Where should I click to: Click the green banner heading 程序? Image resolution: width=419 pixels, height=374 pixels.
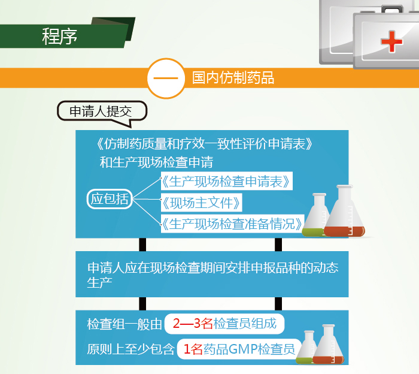click(x=59, y=36)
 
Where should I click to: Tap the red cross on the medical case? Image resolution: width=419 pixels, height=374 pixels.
click(x=391, y=41)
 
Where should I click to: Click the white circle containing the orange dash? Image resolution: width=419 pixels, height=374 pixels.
click(x=166, y=78)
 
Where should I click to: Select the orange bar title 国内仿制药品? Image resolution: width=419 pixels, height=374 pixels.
click(x=233, y=78)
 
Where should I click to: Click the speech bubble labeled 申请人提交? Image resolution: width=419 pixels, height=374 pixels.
click(x=102, y=112)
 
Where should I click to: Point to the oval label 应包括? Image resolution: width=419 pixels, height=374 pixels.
click(x=110, y=199)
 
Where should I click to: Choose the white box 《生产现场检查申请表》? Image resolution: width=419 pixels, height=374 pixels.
click(x=226, y=181)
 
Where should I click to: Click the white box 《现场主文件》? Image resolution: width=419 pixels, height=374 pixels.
click(x=201, y=203)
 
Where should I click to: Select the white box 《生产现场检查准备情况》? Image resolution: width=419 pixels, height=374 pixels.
click(x=232, y=224)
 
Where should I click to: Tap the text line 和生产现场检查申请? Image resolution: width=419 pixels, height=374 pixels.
click(x=156, y=162)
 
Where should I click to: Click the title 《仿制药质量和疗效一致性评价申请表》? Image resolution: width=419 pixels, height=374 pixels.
click(x=205, y=144)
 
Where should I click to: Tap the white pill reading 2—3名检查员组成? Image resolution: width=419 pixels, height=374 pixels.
click(x=224, y=324)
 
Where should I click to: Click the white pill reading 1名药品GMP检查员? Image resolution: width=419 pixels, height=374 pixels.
click(x=239, y=349)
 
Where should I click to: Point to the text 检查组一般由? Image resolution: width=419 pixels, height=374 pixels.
click(x=125, y=324)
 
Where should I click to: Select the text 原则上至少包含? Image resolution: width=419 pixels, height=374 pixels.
click(x=130, y=349)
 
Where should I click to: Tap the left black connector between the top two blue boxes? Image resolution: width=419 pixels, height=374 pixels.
click(x=142, y=245)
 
